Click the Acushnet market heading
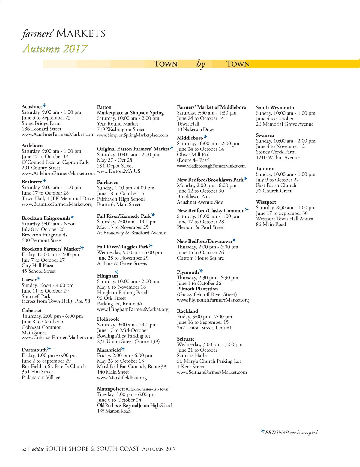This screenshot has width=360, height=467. pos(32,107)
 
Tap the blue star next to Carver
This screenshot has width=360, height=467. pos(38,279)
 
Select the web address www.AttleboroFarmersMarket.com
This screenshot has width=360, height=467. pos(58,173)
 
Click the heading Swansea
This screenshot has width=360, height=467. pos(265,135)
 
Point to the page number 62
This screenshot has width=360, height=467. pos(24,449)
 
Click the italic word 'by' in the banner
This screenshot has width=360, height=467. pos(201,64)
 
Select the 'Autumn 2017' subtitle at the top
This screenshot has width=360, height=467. pos(55,49)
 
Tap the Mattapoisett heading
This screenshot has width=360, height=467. pos(111,389)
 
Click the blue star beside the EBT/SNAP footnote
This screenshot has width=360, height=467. pos(262,431)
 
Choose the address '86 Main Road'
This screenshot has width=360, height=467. pos(271,224)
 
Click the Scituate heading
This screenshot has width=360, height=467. pos(186,339)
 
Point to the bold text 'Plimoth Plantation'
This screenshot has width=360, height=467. pos(197,289)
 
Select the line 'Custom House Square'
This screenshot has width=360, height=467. pos(200,258)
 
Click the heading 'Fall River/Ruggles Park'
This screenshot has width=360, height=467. pos(123,247)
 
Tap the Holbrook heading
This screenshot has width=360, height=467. pos(108,319)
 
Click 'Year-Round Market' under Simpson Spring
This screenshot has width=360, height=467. pos(118,124)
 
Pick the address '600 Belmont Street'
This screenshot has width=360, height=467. pos(42,240)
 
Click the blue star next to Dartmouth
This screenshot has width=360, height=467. pos(49,349)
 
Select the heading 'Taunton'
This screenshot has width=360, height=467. pos(265,168)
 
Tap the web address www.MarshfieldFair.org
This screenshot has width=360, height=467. pos(122,378)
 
